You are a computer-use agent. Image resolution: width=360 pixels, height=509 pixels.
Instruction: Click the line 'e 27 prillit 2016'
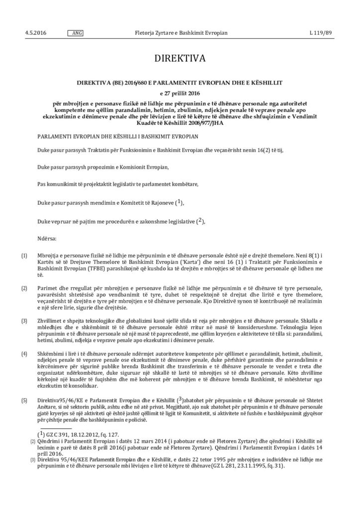tap(180, 93)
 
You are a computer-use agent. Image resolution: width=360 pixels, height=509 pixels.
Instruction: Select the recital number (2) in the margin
tap(24, 288)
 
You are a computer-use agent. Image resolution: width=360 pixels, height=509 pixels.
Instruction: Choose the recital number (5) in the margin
tap(24, 400)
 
